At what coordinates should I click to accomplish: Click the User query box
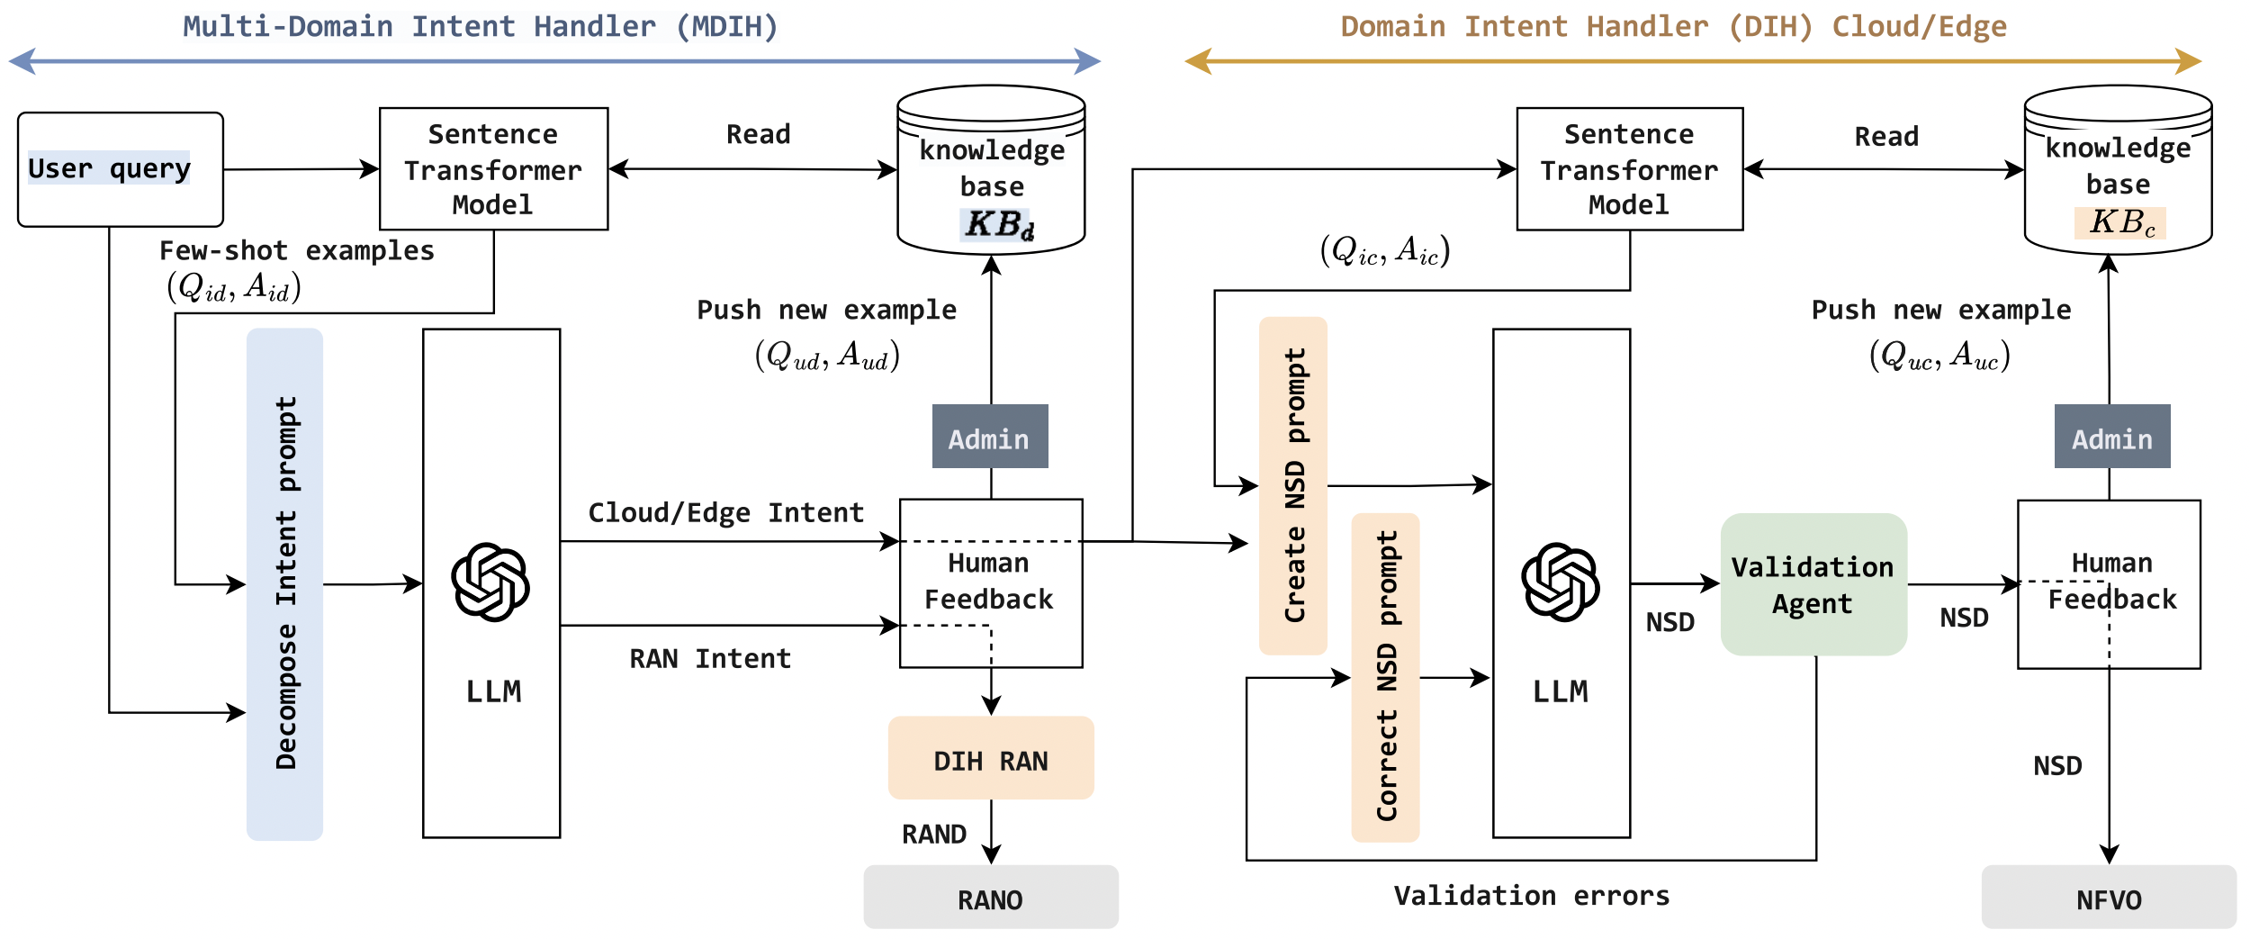tap(120, 169)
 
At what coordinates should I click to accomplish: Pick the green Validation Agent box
tap(1813, 584)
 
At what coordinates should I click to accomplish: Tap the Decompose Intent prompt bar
tap(285, 583)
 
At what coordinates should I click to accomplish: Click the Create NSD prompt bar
tap(1293, 485)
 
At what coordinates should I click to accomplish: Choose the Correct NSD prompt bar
tap(1386, 677)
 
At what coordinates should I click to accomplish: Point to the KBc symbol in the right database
tap(2120, 221)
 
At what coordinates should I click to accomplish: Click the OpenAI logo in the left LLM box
tap(490, 582)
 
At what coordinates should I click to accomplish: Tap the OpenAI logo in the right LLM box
tap(1561, 582)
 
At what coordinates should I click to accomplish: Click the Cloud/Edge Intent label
tap(725, 513)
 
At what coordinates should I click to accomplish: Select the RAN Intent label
tap(710, 659)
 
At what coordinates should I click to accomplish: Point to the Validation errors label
tap(1532, 896)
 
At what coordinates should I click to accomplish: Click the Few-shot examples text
tap(297, 250)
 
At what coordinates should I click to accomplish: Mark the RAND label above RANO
tap(934, 835)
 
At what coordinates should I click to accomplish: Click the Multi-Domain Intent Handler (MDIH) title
tap(481, 26)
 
